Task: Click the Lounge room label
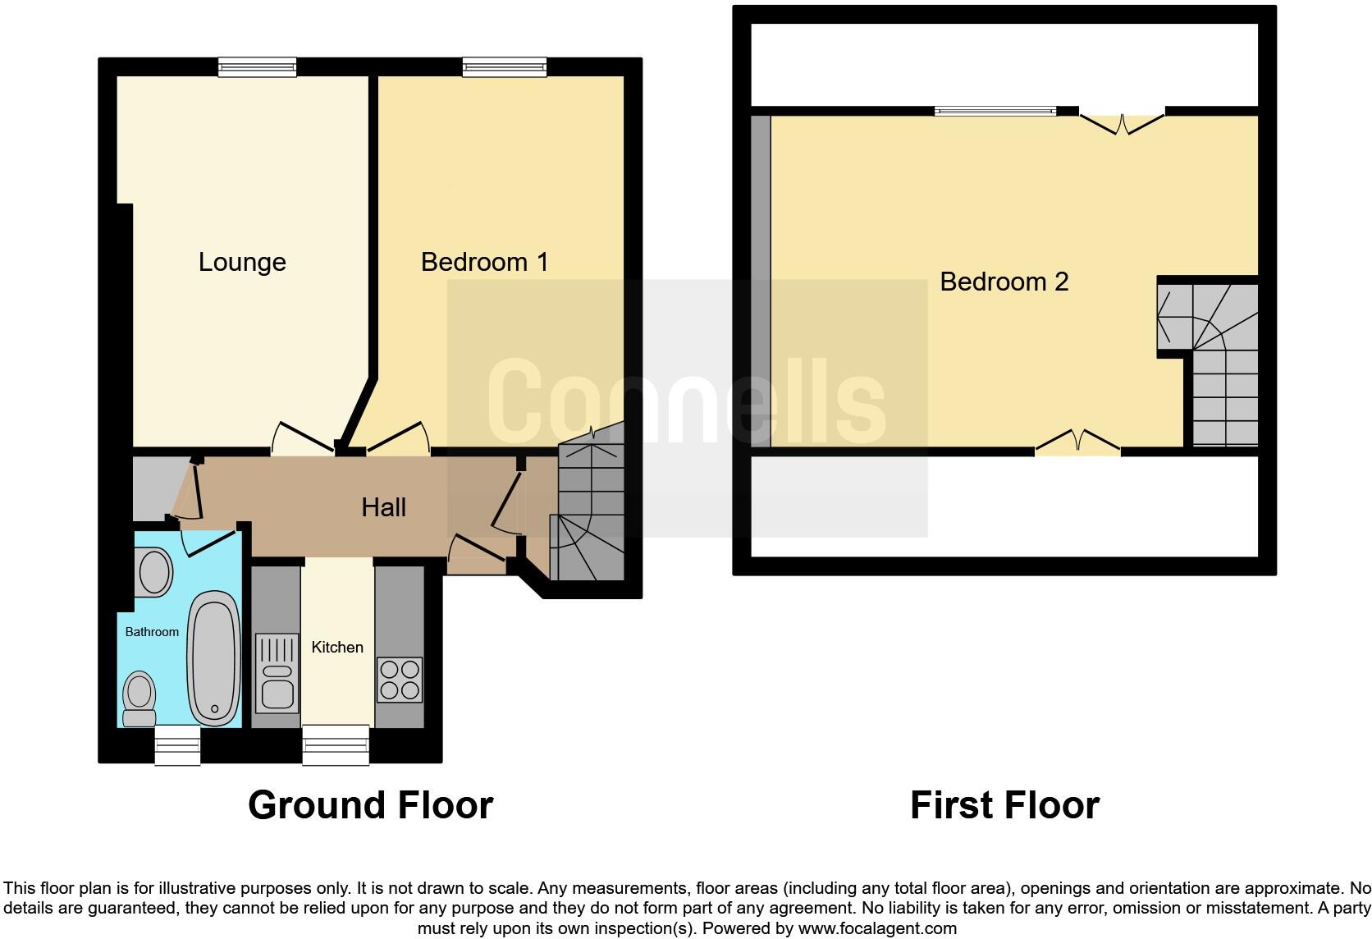(x=242, y=262)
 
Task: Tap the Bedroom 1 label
(x=484, y=262)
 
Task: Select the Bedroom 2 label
(x=1004, y=282)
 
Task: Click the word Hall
(x=383, y=507)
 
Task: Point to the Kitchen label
(x=337, y=647)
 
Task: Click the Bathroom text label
(x=152, y=632)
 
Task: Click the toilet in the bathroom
(x=139, y=699)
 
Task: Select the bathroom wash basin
(x=154, y=572)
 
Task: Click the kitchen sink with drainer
(x=276, y=673)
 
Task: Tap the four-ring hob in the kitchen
(x=400, y=680)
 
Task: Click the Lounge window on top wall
(x=257, y=67)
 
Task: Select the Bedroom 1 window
(x=504, y=67)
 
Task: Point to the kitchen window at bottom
(x=336, y=744)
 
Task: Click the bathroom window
(x=178, y=744)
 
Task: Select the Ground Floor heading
(x=370, y=805)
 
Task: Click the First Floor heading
(x=1004, y=805)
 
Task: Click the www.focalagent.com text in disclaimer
(x=877, y=929)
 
